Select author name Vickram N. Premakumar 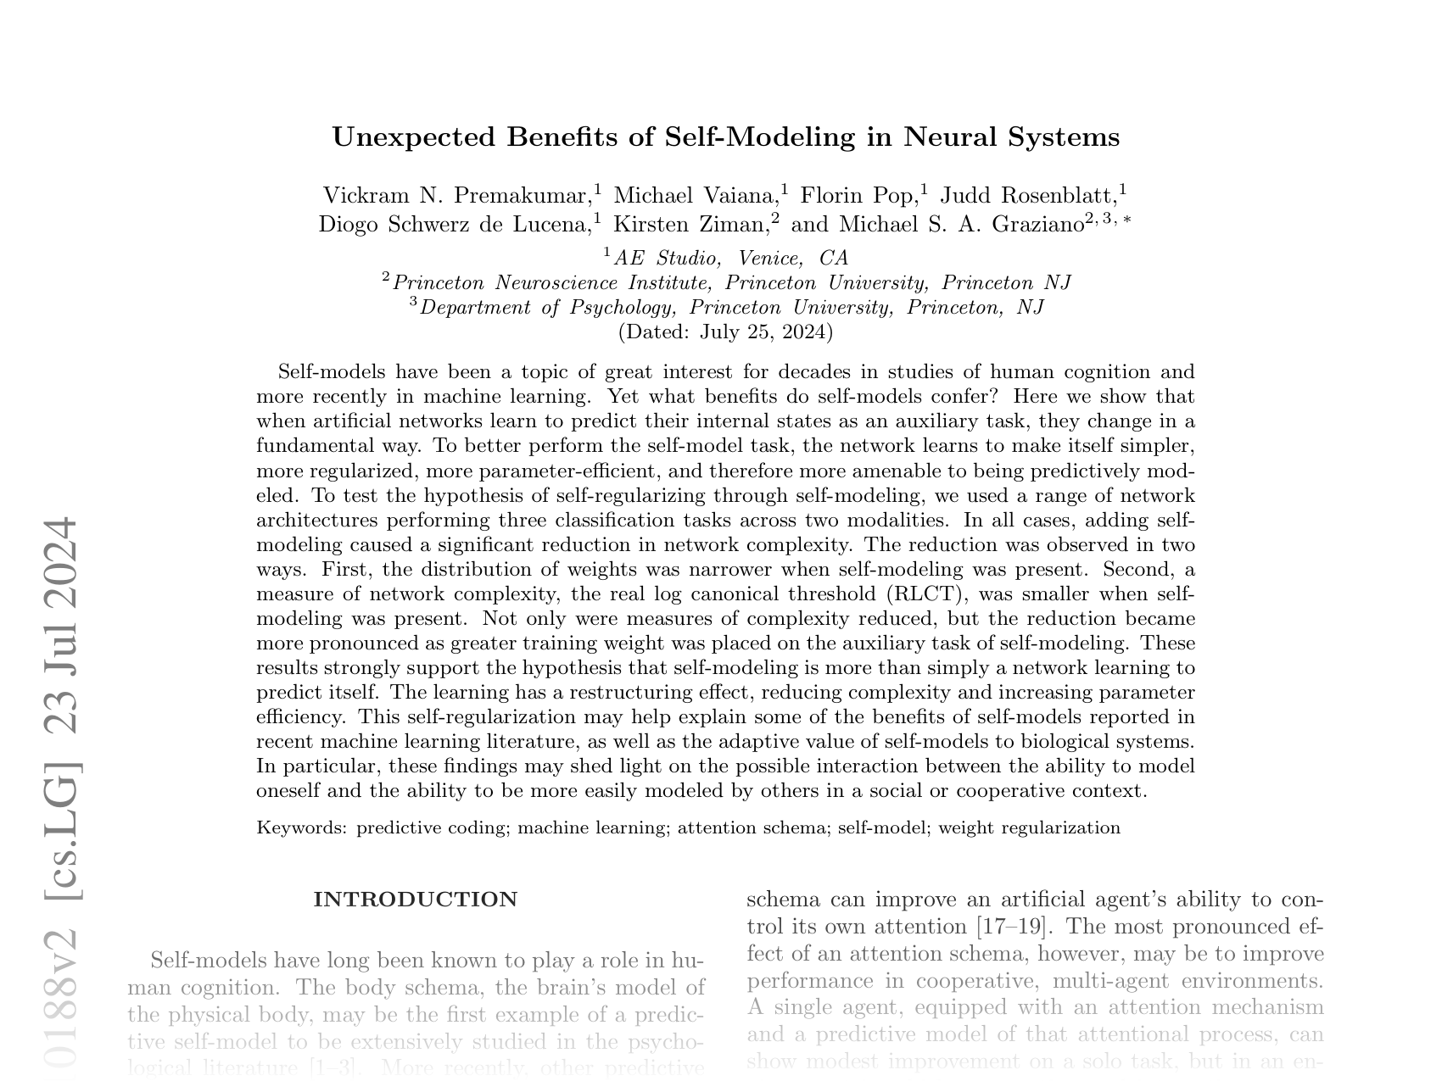(456, 196)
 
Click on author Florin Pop (858, 196)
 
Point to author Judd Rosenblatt (1029, 196)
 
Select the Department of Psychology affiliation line (731, 308)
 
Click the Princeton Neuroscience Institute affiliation (731, 283)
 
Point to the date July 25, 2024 (763, 332)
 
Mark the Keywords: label (302, 828)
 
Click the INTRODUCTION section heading (416, 900)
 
